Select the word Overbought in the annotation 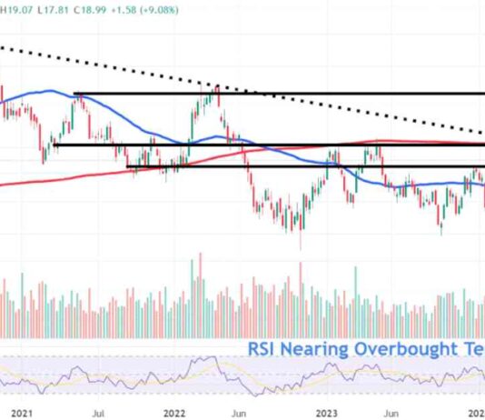[x=405, y=348]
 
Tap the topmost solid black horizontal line [x=363, y=94]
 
